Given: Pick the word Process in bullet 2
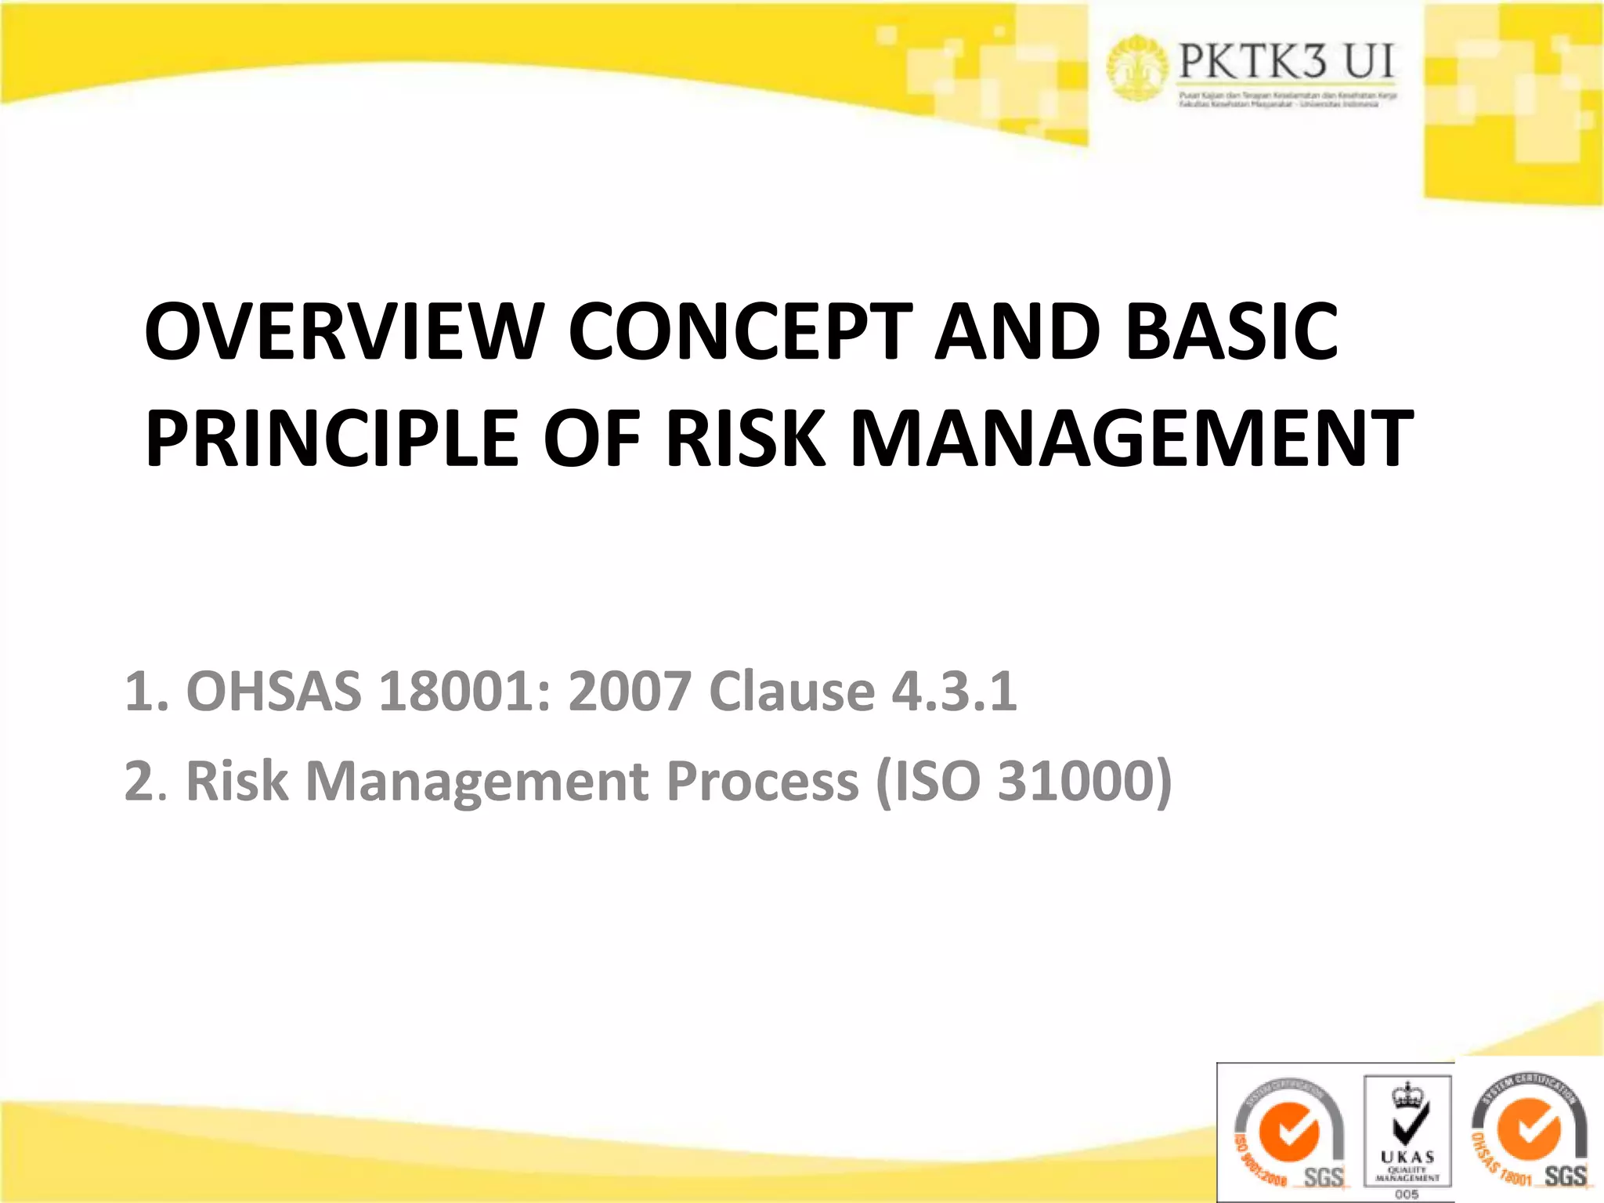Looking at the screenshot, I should (762, 782).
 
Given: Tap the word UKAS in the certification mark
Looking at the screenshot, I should (1407, 1158).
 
